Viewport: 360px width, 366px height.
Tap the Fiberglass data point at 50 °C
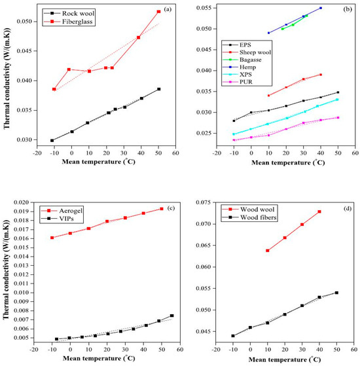(x=158, y=11)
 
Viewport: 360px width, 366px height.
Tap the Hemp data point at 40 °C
(x=321, y=8)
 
